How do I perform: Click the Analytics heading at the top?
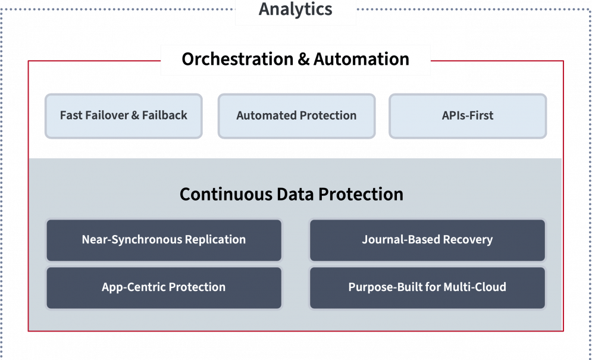(x=295, y=10)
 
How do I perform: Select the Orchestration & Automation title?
(x=295, y=60)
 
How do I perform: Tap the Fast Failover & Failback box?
(x=124, y=115)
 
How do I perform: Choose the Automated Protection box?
(x=296, y=115)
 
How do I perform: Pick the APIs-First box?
(x=468, y=115)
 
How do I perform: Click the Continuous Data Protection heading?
(x=292, y=195)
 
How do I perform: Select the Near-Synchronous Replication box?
(x=164, y=240)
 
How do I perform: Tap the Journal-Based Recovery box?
(x=427, y=240)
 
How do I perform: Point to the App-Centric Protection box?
(x=164, y=287)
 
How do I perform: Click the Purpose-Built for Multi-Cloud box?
(x=427, y=287)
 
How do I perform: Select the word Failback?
(x=165, y=115)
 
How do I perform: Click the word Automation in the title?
(x=361, y=60)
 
